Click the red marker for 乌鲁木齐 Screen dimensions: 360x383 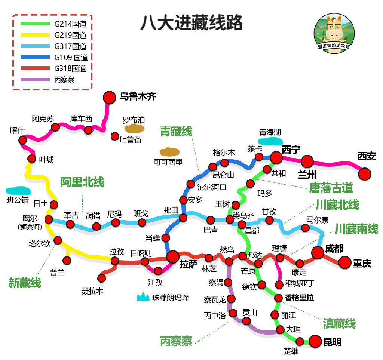click(110, 97)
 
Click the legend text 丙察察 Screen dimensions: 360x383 click(64, 80)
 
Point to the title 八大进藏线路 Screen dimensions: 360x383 click(191, 22)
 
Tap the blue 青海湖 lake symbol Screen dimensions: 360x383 click(270, 141)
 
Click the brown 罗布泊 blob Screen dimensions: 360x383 click(134, 129)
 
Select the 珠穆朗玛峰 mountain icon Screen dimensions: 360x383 click(143, 297)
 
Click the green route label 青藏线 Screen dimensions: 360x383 click(176, 131)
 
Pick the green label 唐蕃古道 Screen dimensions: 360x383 click(331, 188)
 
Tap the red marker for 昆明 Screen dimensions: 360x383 click(315, 341)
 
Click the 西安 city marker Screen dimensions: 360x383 click(365, 173)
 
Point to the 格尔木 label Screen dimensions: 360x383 click(224, 153)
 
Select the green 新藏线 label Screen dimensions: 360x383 click(25, 283)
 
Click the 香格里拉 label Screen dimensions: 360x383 click(299, 298)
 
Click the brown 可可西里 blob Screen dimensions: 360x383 click(169, 152)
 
